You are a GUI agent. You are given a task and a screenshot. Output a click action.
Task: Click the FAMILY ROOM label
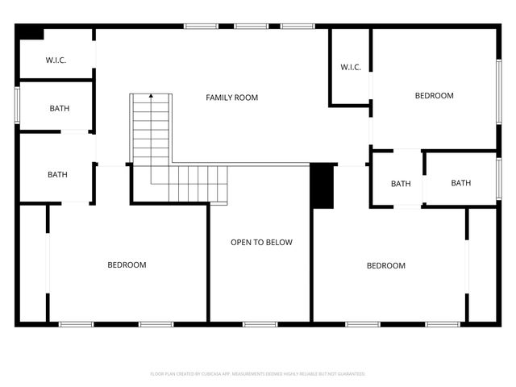(231, 98)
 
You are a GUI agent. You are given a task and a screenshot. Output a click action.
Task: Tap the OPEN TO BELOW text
(261, 242)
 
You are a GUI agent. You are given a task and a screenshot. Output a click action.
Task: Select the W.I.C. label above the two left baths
(56, 60)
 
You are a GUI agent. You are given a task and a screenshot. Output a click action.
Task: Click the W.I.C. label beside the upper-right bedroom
(350, 67)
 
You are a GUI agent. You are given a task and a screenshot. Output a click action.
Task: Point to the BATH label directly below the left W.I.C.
(59, 108)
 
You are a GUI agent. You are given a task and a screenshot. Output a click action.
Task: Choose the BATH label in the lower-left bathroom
(57, 174)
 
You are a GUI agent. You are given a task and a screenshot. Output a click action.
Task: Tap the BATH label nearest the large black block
(401, 184)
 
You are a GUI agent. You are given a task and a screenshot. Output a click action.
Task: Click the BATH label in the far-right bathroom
(460, 183)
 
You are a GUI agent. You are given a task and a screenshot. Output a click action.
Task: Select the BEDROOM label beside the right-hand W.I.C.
(434, 95)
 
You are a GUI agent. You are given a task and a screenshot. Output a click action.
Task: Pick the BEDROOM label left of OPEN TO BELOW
(127, 264)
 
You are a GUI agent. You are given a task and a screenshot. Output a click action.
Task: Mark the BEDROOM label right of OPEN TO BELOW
(385, 265)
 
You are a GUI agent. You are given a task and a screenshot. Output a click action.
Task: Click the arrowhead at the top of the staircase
(151, 97)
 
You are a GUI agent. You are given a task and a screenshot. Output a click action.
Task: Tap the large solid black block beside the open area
(322, 186)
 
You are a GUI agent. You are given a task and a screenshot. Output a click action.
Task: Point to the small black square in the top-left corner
(31, 33)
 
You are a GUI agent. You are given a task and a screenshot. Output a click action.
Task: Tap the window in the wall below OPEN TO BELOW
(260, 324)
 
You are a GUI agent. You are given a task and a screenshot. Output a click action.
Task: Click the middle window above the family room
(251, 27)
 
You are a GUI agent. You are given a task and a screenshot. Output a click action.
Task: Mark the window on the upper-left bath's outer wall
(17, 105)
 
